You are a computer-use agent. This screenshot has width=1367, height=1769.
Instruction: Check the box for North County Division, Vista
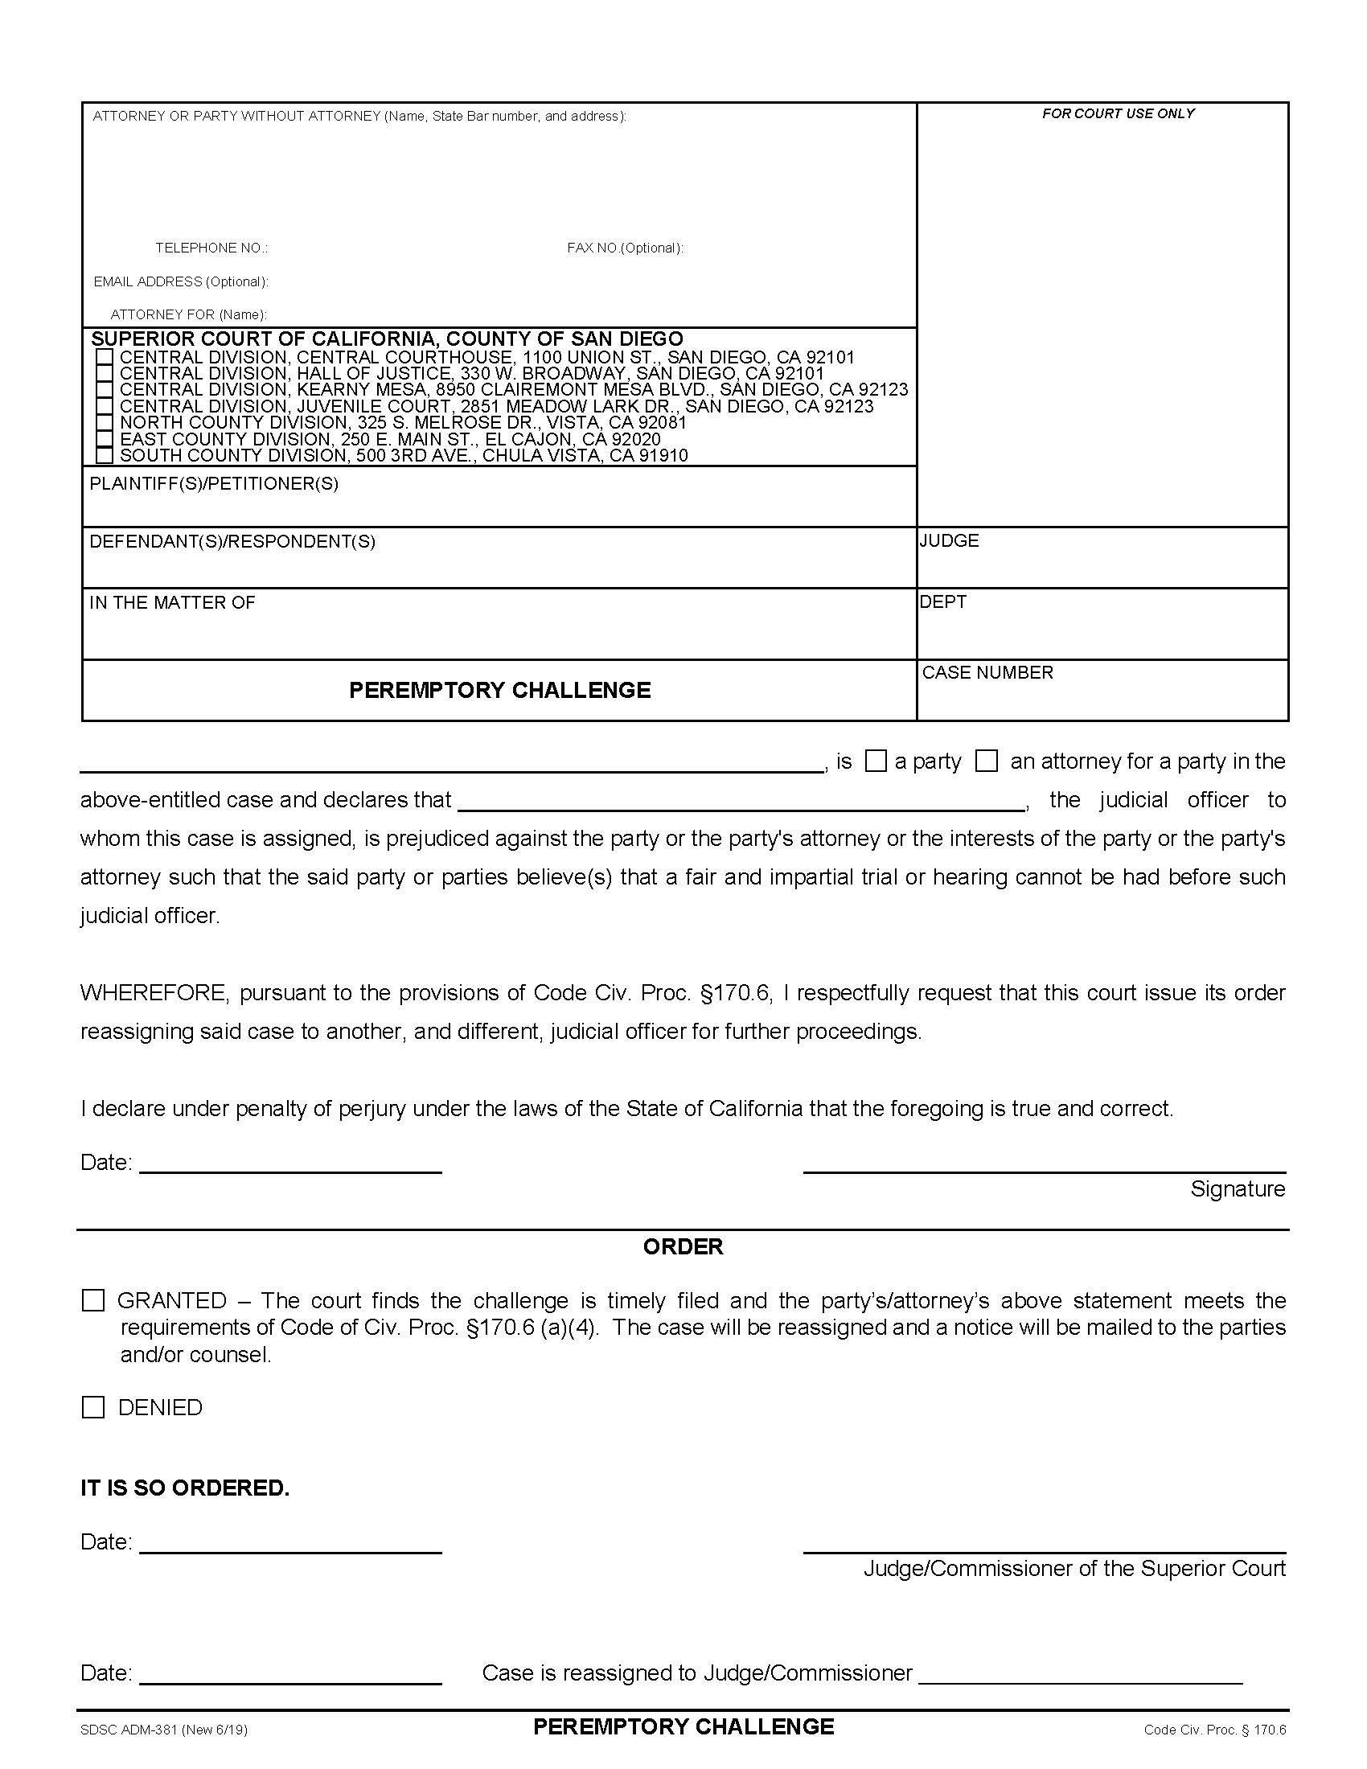[104, 422]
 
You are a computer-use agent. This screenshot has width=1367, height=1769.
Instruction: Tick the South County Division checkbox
[104, 455]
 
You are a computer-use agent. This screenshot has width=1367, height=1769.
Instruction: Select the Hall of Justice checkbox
[104, 373]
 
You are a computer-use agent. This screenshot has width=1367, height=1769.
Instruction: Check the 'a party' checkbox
[876, 761]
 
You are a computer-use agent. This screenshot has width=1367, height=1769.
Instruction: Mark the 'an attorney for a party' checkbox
[986, 761]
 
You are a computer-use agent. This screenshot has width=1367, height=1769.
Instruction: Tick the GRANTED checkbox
[93, 1301]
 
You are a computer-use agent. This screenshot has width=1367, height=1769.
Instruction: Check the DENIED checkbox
[93, 1407]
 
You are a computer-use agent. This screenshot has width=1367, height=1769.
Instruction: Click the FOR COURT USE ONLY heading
[1118, 114]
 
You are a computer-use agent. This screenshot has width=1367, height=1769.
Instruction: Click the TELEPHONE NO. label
[211, 248]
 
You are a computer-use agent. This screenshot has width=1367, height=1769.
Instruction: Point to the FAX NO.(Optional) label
[624, 248]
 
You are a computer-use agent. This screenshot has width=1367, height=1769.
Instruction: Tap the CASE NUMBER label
[987, 672]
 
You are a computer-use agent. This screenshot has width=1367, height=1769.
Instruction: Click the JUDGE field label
[949, 540]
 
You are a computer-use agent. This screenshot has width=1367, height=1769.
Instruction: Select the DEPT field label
[942, 601]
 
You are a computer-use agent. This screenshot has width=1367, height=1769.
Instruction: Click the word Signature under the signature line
[1237, 1189]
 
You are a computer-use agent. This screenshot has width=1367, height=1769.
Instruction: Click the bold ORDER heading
[683, 1246]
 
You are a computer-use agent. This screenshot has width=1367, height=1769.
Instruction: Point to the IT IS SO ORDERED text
[185, 1488]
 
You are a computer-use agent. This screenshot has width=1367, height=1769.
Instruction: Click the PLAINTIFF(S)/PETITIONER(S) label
[214, 484]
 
